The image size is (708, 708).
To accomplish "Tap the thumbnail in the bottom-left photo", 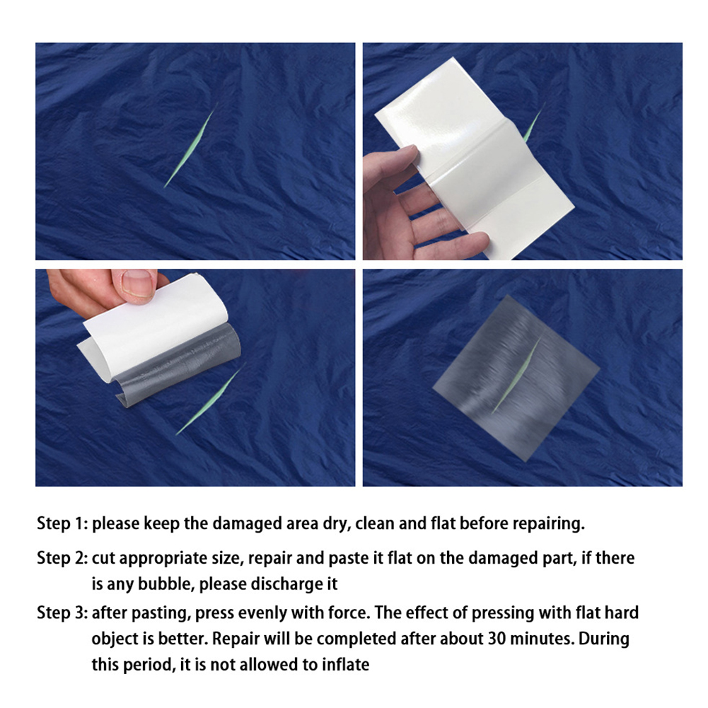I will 138,283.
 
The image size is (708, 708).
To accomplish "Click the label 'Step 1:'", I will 62,524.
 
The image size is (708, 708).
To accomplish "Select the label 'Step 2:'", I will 62,558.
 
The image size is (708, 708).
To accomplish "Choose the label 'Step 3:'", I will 62,613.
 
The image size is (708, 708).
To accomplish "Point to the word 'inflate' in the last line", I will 345,665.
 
